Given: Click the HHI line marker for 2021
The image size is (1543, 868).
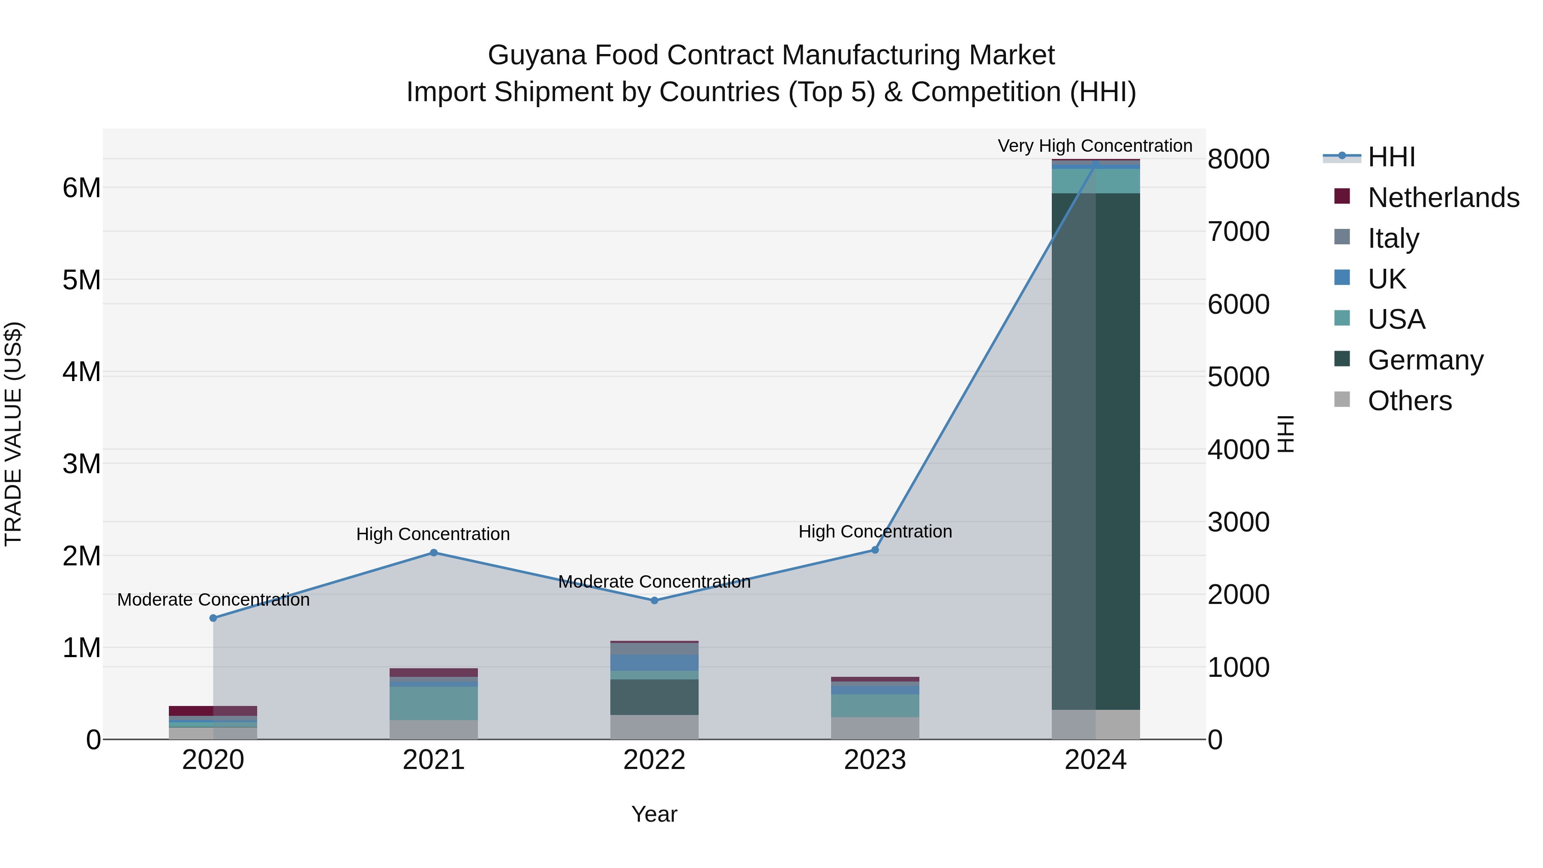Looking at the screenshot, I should [x=434, y=553].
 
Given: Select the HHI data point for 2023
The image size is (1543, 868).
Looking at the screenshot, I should [x=874, y=550].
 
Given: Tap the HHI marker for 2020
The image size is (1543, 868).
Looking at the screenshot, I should [x=213, y=618].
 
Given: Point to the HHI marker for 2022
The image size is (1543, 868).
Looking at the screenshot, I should [x=654, y=600].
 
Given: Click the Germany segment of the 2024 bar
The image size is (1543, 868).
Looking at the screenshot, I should [x=1096, y=449].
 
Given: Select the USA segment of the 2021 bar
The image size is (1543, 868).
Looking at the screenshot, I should [x=434, y=703].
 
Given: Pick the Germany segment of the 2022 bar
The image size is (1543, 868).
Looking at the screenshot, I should [x=654, y=697].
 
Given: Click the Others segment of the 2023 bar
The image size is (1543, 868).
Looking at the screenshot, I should [x=874, y=728].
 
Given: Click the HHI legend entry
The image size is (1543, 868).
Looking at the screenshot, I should [x=1391, y=157].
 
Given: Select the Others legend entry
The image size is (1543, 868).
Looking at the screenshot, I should [x=1409, y=401].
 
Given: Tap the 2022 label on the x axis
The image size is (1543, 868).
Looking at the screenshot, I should [x=654, y=760].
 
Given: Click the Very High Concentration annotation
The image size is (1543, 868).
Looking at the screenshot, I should [x=1095, y=146].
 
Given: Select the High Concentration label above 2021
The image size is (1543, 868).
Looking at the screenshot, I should [x=432, y=534].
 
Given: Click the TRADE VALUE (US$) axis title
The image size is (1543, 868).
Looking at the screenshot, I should [x=13, y=434].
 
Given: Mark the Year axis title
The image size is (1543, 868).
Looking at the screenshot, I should [x=654, y=814].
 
